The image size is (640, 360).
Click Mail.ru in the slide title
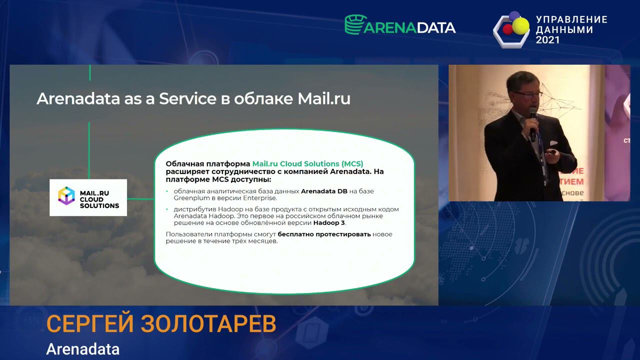click(x=324, y=98)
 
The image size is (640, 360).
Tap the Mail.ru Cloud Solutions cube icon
click(x=66, y=196)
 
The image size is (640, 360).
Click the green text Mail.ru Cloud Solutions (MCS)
click(x=307, y=163)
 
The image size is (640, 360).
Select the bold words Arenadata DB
click(x=324, y=191)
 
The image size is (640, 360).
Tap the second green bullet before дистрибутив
click(x=167, y=209)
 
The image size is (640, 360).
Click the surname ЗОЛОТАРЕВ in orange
click(x=208, y=324)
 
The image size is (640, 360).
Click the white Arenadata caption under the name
click(x=82, y=348)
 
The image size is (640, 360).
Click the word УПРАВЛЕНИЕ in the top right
click(x=571, y=19)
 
